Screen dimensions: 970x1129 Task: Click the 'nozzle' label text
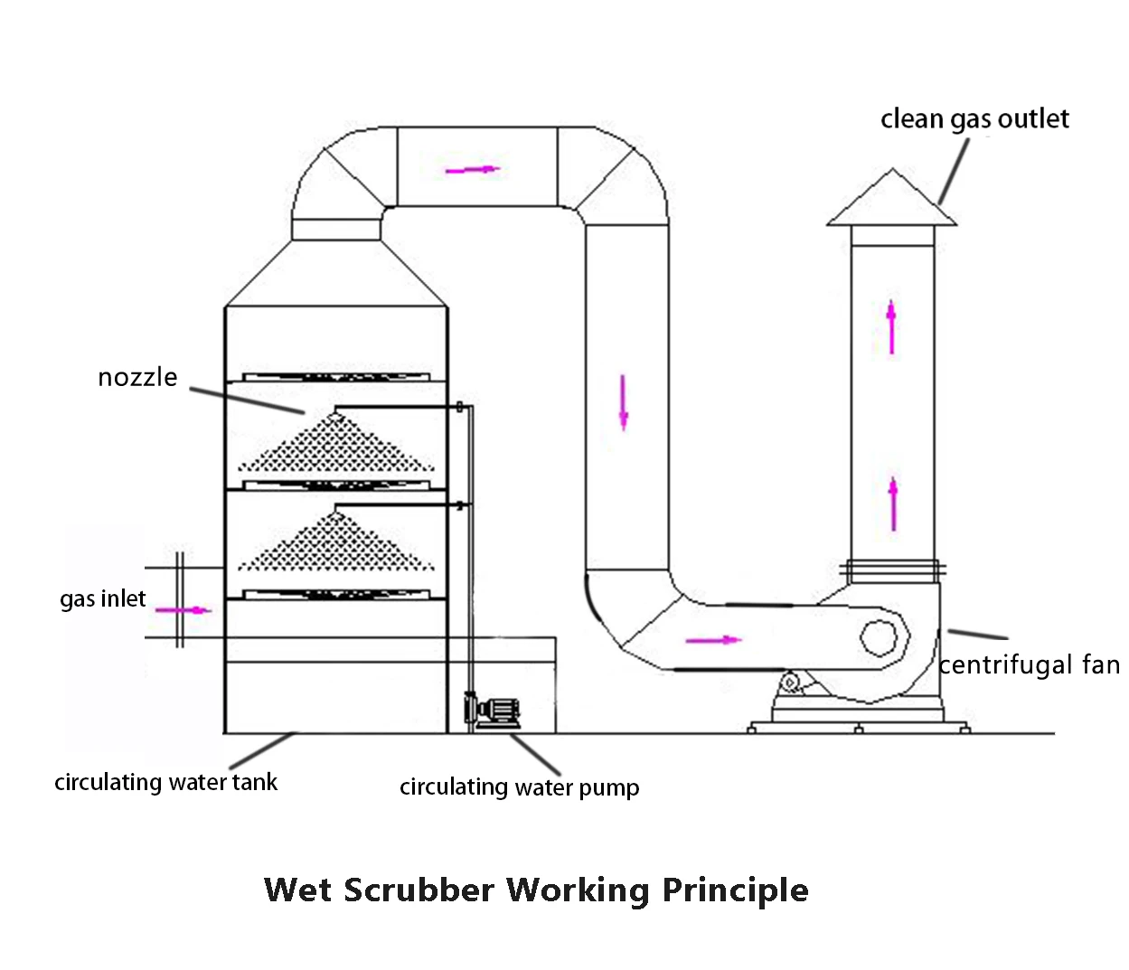137,377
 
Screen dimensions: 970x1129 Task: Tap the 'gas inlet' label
102,598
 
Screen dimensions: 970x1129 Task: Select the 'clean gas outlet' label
974,119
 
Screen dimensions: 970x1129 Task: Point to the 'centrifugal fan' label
1029,665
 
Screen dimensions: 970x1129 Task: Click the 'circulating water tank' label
165,782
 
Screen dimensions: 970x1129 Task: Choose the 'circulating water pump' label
519,787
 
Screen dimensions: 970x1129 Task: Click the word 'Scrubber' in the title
419,890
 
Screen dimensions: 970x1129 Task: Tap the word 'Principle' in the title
735,890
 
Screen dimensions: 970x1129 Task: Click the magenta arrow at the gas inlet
183,610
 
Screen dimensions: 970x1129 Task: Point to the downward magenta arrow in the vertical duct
623,401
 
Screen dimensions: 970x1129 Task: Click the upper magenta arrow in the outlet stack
891,326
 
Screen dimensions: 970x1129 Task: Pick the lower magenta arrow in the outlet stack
893,504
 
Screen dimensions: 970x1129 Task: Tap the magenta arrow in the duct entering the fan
712,640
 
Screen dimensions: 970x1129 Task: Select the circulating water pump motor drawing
495,711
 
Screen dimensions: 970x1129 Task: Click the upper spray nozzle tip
335,415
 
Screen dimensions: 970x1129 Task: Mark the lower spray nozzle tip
335,514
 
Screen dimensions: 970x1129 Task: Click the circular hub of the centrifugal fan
878,638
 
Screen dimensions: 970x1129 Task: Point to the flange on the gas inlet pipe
179,599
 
